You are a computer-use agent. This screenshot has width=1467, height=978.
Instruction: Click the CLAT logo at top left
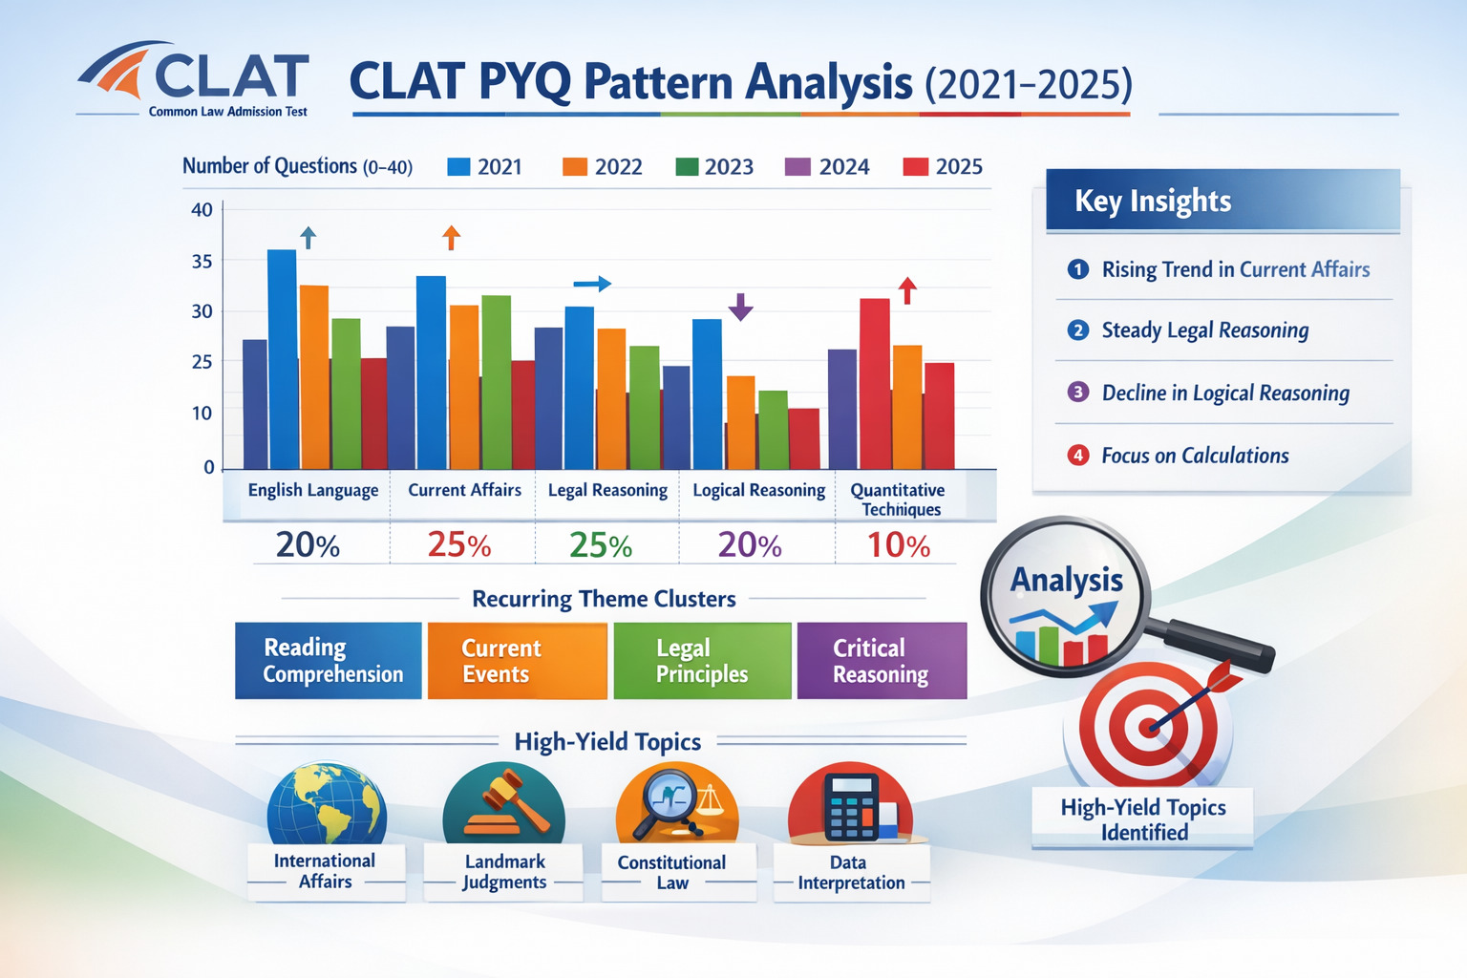[x=194, y=79]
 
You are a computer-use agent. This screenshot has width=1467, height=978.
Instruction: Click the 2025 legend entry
[x=943, y=167]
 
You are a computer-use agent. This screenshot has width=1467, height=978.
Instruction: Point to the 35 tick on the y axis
[x=202, y=261]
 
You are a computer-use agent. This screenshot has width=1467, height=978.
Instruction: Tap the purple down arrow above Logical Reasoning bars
[x=740, y=307]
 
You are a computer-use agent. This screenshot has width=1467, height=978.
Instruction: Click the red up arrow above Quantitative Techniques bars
[x=907, y=290]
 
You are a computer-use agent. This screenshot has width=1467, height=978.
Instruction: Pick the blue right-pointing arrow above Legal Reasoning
[x=592, y=284]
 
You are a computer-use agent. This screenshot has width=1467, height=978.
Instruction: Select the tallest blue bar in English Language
[x=282, y=358]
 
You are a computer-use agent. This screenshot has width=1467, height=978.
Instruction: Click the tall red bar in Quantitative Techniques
[x=875, y=382]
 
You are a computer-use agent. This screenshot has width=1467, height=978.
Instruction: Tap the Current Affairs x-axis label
[x=464, y=490]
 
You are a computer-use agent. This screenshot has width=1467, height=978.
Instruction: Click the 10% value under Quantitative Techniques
[x=898, y=545]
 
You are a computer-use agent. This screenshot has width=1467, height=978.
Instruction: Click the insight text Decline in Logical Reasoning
[x=1225, y=393]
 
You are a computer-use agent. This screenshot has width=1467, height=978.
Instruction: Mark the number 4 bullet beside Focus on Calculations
[x=1078, y=456]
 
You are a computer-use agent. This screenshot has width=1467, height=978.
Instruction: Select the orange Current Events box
[x=517, y=661]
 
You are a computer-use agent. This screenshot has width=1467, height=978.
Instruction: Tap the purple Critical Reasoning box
[x=882, y=661]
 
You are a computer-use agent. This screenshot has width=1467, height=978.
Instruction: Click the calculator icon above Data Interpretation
[x=850, y=805]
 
